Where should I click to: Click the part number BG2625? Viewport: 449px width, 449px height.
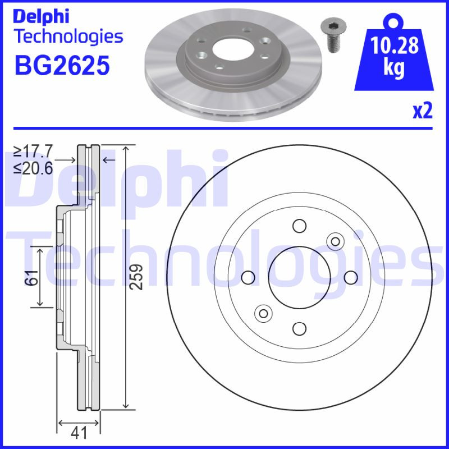[61, 66]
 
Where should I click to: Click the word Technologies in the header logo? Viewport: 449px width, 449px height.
[68, 36]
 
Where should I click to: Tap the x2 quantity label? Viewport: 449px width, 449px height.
[423, 111]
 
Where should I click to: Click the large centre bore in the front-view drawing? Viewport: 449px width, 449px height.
[299, 277]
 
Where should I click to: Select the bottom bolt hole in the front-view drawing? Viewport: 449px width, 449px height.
[299, 328]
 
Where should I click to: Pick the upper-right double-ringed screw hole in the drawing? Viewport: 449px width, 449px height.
[335, 241]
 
